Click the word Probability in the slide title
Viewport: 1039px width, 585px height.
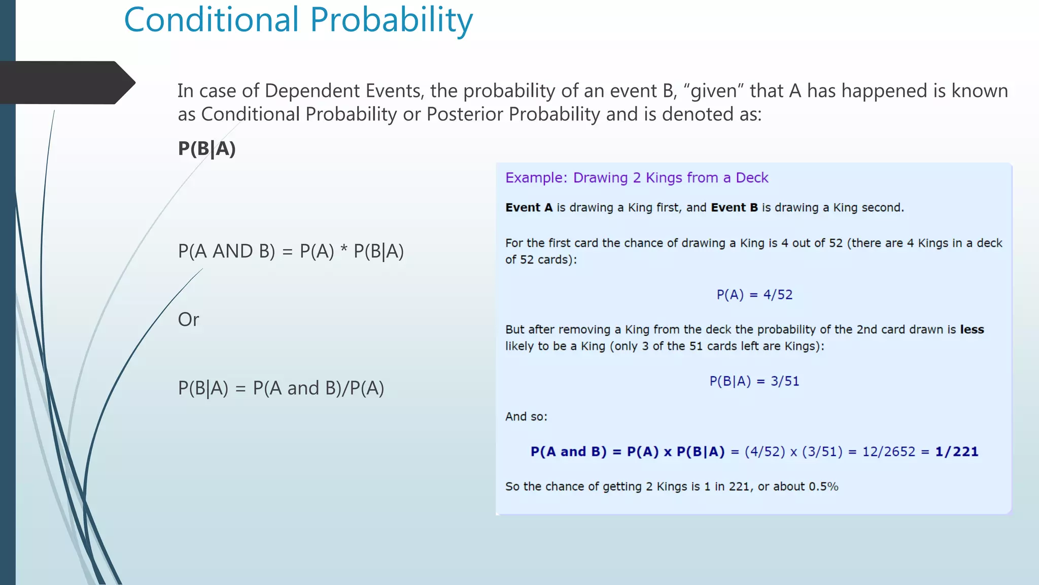click(x=391, y=20)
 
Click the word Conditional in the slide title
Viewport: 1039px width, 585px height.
click(x=212, y=20)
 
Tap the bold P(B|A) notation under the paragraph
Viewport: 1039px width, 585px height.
click(x=207, y=149)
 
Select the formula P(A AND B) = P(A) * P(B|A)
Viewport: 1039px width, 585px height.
click(x=291, y=251)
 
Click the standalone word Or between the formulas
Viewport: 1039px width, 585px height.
click(x=188, y=319)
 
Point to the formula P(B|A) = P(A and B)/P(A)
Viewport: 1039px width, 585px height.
click(x=281, y=388)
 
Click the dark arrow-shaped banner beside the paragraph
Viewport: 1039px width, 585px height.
click(x=66, y=83)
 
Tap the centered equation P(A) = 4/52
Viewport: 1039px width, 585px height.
click(x=754, y=295)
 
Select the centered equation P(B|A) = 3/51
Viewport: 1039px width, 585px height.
click(x=754, y=381)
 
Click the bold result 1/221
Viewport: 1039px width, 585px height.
click(x=957, y=451)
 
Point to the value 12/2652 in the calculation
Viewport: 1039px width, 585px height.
click(x=889, y=451)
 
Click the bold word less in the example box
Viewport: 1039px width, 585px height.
click(x=972, y=330)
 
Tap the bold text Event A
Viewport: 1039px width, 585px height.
click(x=529, y=208)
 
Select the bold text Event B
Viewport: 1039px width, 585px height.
click(x=734, y=208)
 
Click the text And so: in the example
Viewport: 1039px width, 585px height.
click(x=526, y=416)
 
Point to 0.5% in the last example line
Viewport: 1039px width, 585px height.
click(x=823, y=486)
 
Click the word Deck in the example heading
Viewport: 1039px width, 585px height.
click(x=752, y=178)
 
